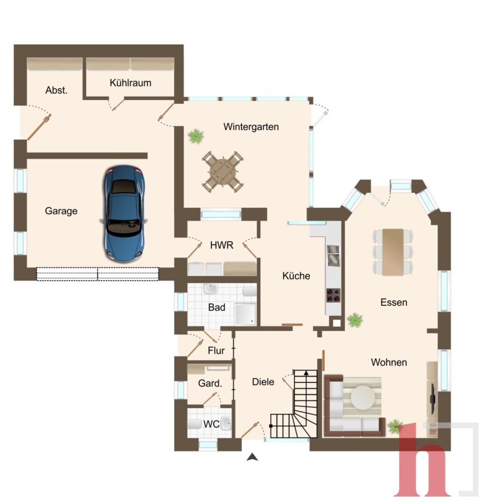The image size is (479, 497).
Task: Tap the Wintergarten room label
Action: point(251,127)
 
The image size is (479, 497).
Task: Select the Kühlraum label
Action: point(131,83)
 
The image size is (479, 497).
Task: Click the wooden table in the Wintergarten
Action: point(223,172)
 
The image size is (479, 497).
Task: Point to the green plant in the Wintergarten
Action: point(196,136)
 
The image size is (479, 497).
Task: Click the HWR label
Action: point(222,245)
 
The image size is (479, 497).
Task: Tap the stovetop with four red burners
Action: point(334,295)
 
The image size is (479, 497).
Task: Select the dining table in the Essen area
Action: point(393,252)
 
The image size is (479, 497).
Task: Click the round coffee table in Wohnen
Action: point(363,397)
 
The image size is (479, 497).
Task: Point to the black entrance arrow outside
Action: point(252,457)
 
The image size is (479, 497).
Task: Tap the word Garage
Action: point(61,211)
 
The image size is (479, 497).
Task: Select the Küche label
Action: point(296,276)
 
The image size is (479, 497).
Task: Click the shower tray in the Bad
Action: point(245,314)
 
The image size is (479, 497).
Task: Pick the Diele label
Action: point(263,382)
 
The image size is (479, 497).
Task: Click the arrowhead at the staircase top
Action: point(306,373)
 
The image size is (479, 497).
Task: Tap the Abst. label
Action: point(57,90)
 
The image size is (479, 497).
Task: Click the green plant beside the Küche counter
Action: point(355,320)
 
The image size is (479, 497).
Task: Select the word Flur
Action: point(216,351)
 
